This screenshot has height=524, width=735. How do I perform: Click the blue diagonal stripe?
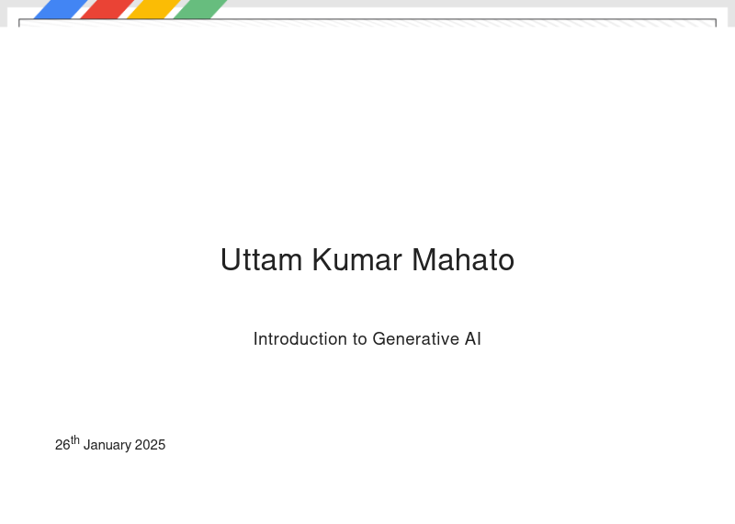coord(61,9)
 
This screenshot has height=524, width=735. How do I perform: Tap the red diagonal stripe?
coord(107,9)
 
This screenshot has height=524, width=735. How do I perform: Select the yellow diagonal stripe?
coord(154,9)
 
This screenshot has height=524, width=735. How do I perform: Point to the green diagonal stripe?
coord(200,9)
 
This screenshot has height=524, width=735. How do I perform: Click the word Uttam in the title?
coord(261,259)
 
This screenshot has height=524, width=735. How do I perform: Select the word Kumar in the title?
coord(356,259)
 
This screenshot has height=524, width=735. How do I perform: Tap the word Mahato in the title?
coord(463,259)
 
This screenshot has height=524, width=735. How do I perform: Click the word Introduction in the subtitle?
coord(300,338)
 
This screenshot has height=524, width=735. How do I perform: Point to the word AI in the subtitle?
coord(473,338)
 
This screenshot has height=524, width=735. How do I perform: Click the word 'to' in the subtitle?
coord(359,339)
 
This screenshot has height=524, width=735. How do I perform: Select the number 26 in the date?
coord(62,445)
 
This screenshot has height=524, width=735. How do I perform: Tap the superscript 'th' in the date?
coord(75,440)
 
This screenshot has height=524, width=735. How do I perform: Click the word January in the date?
coord(107,445)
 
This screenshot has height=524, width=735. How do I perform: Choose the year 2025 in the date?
coord(150,445)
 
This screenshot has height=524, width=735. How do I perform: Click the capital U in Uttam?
coord(230,260)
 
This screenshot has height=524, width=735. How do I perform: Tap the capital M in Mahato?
coord(424,259)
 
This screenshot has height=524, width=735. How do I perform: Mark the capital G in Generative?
coord(379,338)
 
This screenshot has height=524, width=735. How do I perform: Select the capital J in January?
coord(86,445)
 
